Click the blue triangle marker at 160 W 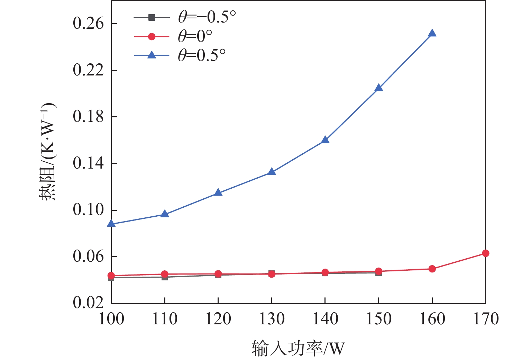[432, 34]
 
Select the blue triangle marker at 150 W [379, 88]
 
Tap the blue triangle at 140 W [325, 140]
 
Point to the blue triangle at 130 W [272, 172]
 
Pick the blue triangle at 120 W [218, 193]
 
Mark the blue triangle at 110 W [165, 214]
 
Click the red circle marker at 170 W [485, 253]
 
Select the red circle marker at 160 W [432, 269]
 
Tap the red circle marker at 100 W [111, 276]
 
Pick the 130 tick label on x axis [272, 319]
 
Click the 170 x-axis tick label [485, 319]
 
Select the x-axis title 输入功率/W [298, 348]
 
